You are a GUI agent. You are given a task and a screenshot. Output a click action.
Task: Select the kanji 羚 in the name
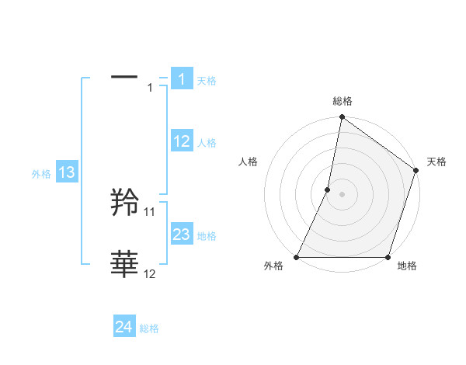[x=125, y=203]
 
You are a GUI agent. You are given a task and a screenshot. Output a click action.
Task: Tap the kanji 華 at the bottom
[x=125, y=265]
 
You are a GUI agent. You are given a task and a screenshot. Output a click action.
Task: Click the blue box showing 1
[x=181, y=79]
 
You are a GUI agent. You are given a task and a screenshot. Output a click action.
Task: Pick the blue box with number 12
[x=182, y=141]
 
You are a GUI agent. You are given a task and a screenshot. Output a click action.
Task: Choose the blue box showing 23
[x=182, y=235]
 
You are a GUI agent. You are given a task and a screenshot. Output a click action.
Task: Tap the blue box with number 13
[x=66, y=172]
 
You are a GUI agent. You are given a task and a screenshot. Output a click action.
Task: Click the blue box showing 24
[x=124, y=327]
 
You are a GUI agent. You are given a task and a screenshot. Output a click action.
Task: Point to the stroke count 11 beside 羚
[x=150, y=211]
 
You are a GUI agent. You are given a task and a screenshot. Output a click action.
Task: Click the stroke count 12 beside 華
[x=150, y=273]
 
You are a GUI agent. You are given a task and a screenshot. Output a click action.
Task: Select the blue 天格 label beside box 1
[x=207, y=81]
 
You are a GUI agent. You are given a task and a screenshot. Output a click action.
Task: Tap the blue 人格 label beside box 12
[x=207, y=143]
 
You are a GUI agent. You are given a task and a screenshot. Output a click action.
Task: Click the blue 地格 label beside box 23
[x=207, y=236]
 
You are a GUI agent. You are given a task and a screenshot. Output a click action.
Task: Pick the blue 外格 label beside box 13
[x=41, y=174]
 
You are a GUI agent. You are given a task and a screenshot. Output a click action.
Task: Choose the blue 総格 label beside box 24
[x=149, y=328]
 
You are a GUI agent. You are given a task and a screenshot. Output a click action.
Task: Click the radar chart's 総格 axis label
[x=342, y=102]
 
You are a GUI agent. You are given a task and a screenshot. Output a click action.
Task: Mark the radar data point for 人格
[x=328, y=189]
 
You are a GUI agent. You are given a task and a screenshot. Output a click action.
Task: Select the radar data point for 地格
[x=388, y=257]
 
